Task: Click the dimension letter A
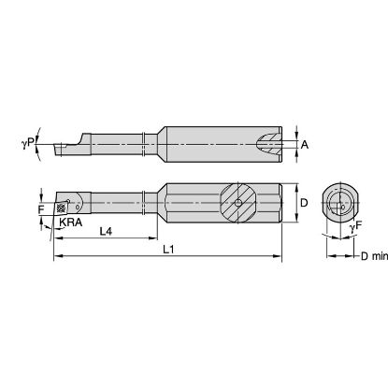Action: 306,144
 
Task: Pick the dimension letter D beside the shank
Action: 304,199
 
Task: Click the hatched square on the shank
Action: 239,199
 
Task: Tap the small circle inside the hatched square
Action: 239,199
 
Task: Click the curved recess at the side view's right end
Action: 272,143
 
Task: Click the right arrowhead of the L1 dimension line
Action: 280,253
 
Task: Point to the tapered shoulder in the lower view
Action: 161,199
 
